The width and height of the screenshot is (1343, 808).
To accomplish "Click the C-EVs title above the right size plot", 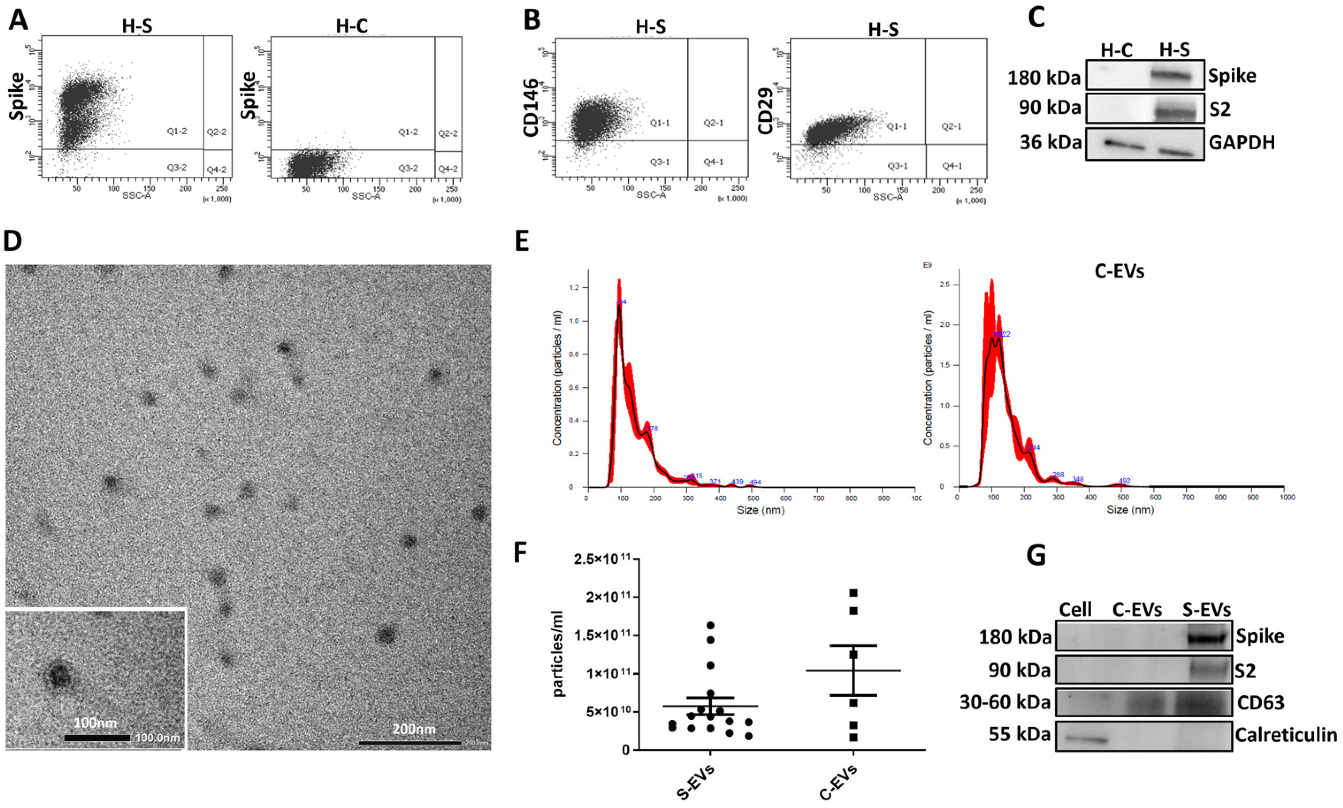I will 1119,271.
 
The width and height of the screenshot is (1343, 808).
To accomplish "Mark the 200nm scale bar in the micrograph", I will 410,742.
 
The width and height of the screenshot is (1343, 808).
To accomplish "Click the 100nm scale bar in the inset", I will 97,738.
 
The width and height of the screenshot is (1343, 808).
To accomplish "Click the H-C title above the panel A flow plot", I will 352,26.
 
